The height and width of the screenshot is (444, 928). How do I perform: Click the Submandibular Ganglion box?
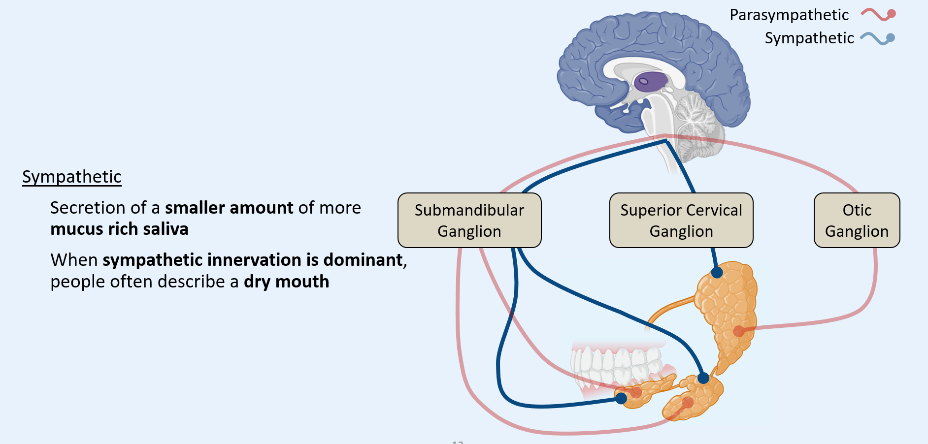(x=469, y=220)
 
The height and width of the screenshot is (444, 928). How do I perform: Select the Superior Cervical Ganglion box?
(x=681, y=220)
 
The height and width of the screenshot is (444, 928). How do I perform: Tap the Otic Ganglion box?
(x=857, y=220)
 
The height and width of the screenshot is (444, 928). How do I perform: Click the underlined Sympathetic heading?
(x=72, y=177)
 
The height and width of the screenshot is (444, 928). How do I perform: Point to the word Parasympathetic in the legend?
(x=789, y=15)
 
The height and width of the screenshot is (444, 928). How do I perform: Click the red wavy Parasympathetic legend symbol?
(x=878, y=14)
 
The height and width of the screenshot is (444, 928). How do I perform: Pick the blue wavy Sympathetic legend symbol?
(x=877, y=38)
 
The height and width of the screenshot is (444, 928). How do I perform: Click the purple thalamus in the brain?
(x=651, y=81)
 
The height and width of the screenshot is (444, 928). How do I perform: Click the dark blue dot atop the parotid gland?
(x=717, y=272)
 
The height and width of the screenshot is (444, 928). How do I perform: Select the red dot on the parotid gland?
(x=738, y=331)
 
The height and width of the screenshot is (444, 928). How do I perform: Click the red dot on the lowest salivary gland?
(x=688, y=403)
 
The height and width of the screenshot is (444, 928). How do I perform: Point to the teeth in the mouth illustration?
(x=616, y=364)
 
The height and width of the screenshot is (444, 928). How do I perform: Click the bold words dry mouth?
(x=286, y=282)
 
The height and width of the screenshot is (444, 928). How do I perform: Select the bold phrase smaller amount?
(x=229, y=208)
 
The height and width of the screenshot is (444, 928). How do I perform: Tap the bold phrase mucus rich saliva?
(x=119, y=229)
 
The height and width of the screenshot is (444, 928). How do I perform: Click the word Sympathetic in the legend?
(x=809, y=38)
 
